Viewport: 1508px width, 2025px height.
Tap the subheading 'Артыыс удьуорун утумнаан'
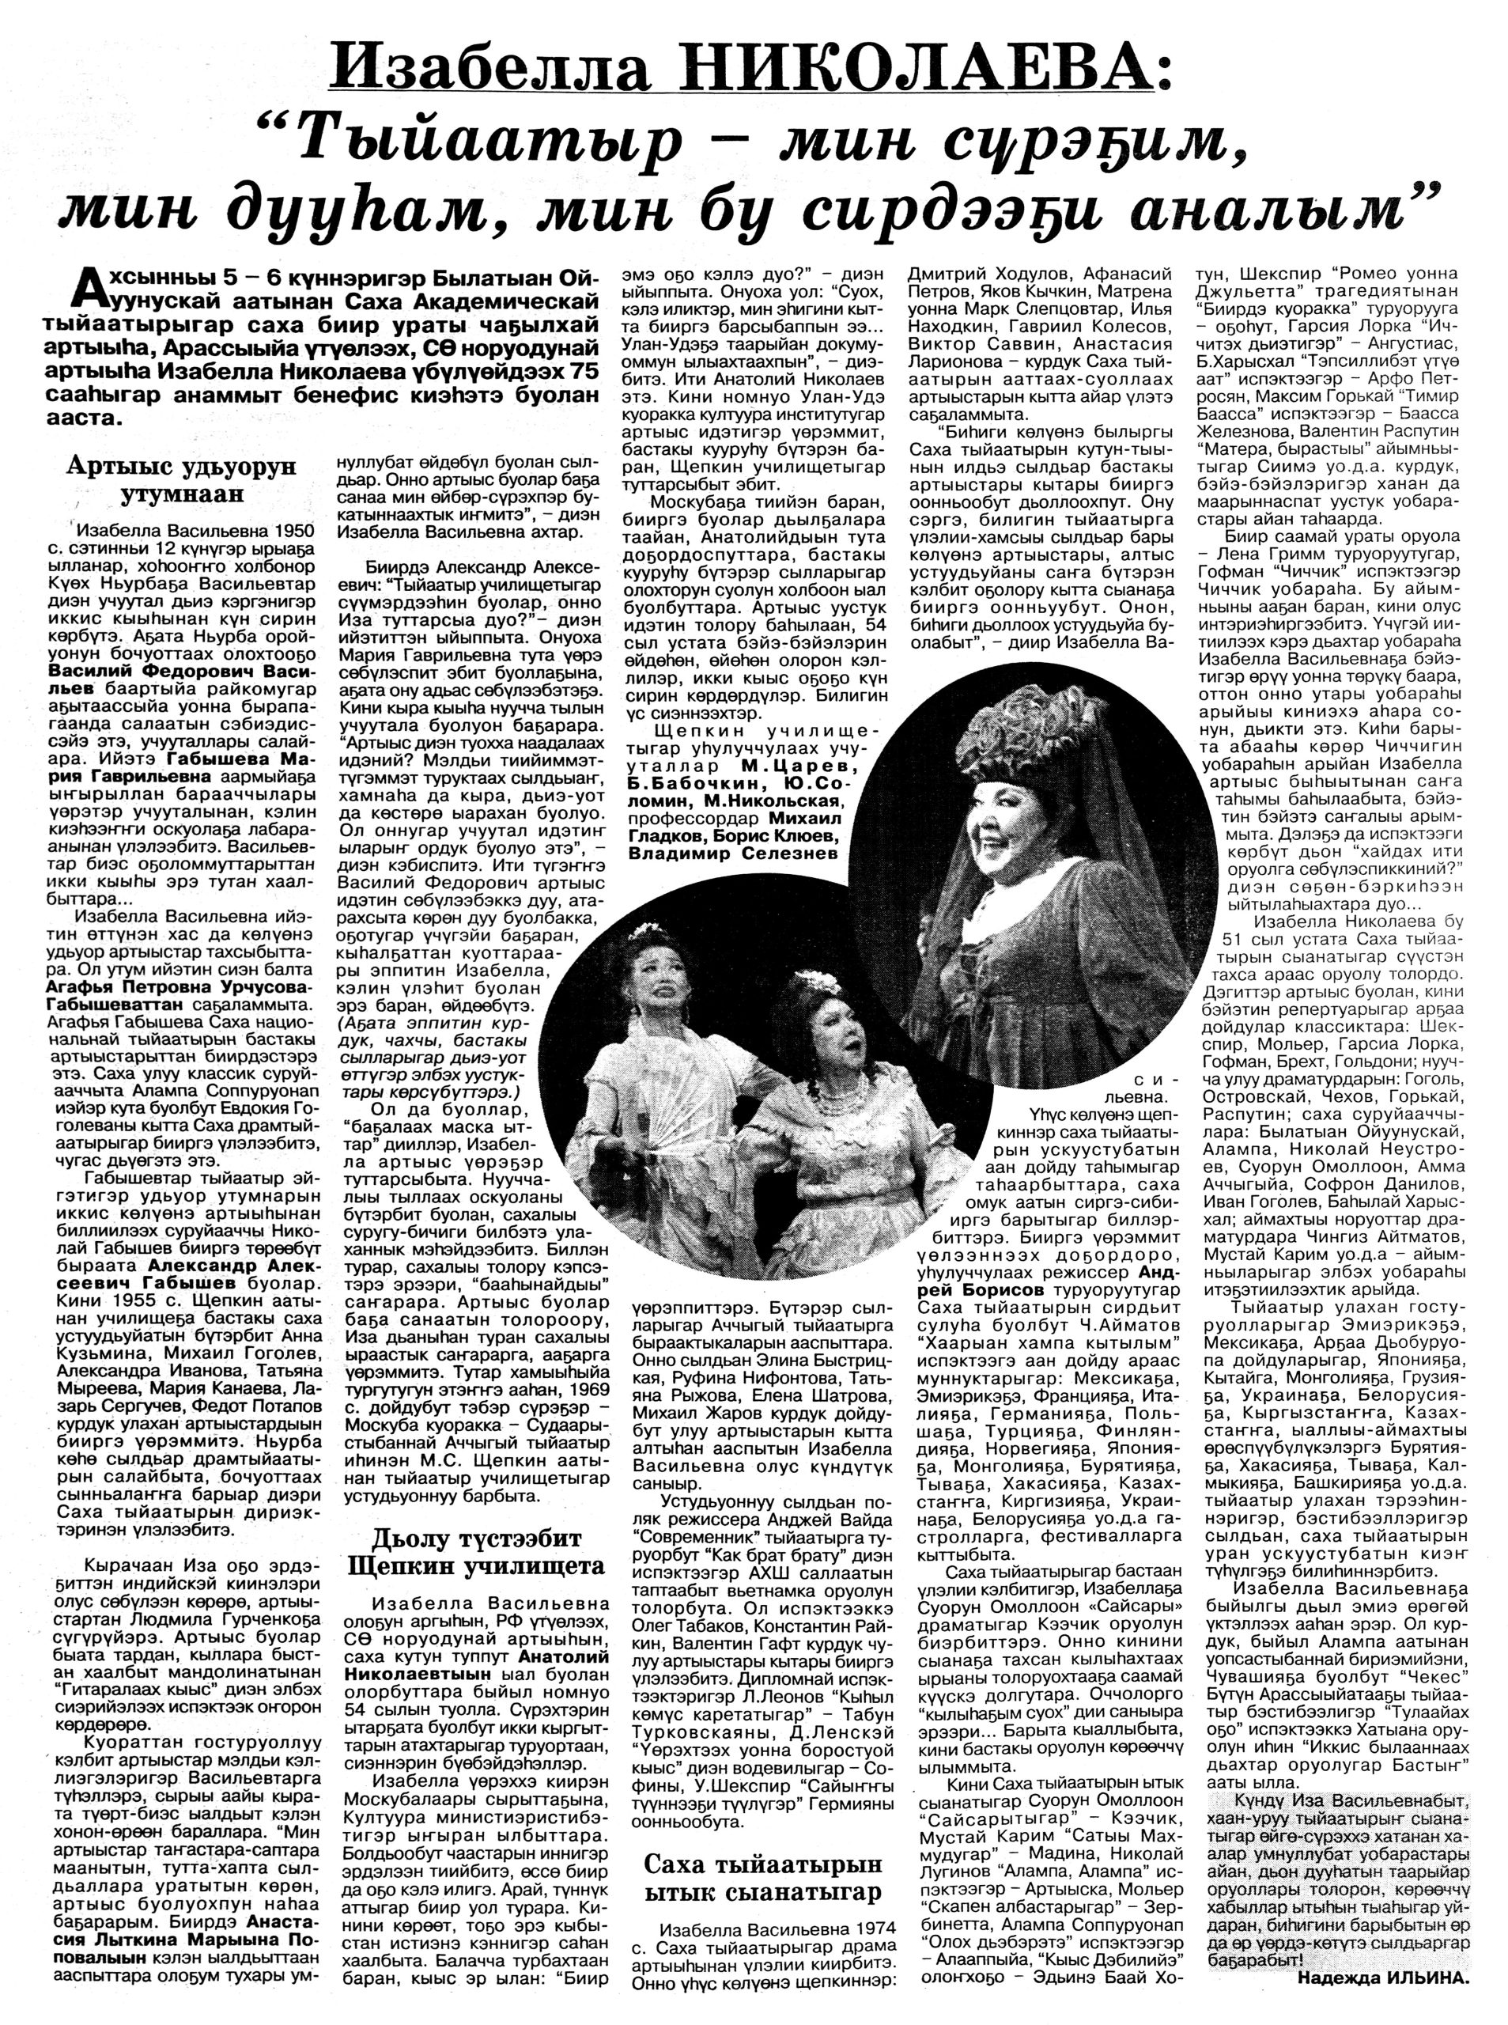(x=183, y=480)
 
